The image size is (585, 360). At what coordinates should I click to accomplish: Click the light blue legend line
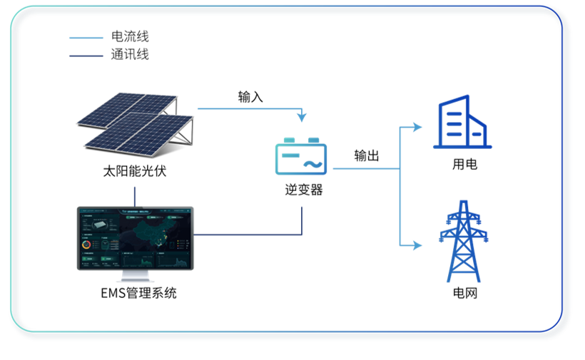point(86,38)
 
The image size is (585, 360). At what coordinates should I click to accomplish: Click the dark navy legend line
point(86,56)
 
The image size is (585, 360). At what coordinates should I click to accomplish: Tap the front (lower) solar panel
point(139,133)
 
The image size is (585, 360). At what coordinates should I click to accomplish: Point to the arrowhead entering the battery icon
point(302,116)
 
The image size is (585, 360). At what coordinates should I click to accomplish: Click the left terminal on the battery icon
point(289,140)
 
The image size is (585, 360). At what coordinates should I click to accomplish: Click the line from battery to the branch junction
point(364,169)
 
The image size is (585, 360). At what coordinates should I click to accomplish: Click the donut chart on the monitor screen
point(86,245)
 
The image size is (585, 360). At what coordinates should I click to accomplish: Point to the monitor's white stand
point(136,277)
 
